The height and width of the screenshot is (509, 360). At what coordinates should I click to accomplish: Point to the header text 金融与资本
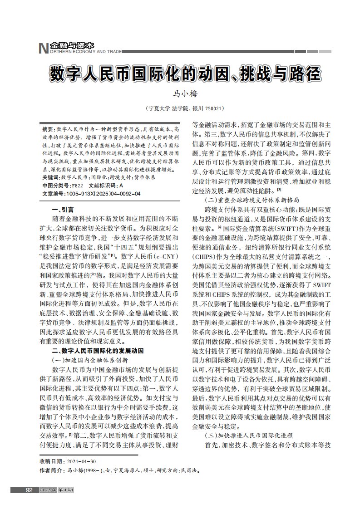pyautogui.click(x=72, y=45)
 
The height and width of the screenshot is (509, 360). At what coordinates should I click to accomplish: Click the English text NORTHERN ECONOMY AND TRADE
pyautogui.click(x=85, y=52)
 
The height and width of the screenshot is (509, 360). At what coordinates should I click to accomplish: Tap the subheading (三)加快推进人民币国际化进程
pyautogui.click(x=249, y=436)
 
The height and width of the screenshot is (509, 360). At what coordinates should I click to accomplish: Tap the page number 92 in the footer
pyautogui.click(x=29, y=490)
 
